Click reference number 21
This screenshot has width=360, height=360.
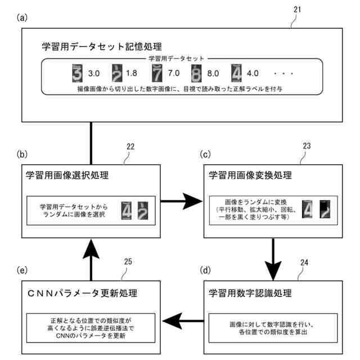[x=298, y=10]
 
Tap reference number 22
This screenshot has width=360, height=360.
[x=130, y=146]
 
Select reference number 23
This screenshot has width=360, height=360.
[x=307, y=146]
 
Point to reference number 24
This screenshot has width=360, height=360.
[x=304, y=262]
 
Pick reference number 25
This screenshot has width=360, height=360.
[x=128, y=262]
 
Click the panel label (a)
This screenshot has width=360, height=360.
[x=22, y=17]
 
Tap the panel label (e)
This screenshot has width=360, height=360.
[x=22, y=270]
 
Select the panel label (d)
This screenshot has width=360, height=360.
[x=205, y=270]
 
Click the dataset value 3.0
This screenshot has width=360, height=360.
[x=94, y=74]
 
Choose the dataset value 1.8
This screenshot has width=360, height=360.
[x=131, y=73]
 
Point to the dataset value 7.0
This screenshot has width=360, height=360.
[x=174, y=73]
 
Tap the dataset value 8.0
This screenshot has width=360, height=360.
[x=213, y=74]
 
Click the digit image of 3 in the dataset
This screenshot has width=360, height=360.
[x=77, y=73]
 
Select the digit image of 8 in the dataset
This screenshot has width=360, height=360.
[x=196, y=74]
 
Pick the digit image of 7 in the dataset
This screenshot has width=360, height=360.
[x=157, y=73]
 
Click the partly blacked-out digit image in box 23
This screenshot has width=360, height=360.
[x=325, y=209]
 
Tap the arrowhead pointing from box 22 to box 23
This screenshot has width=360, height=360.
[x=192, y=201]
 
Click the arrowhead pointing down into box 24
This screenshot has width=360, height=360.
[x=273, y=271]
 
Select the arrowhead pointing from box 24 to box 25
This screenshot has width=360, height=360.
[x=172, y=321]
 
